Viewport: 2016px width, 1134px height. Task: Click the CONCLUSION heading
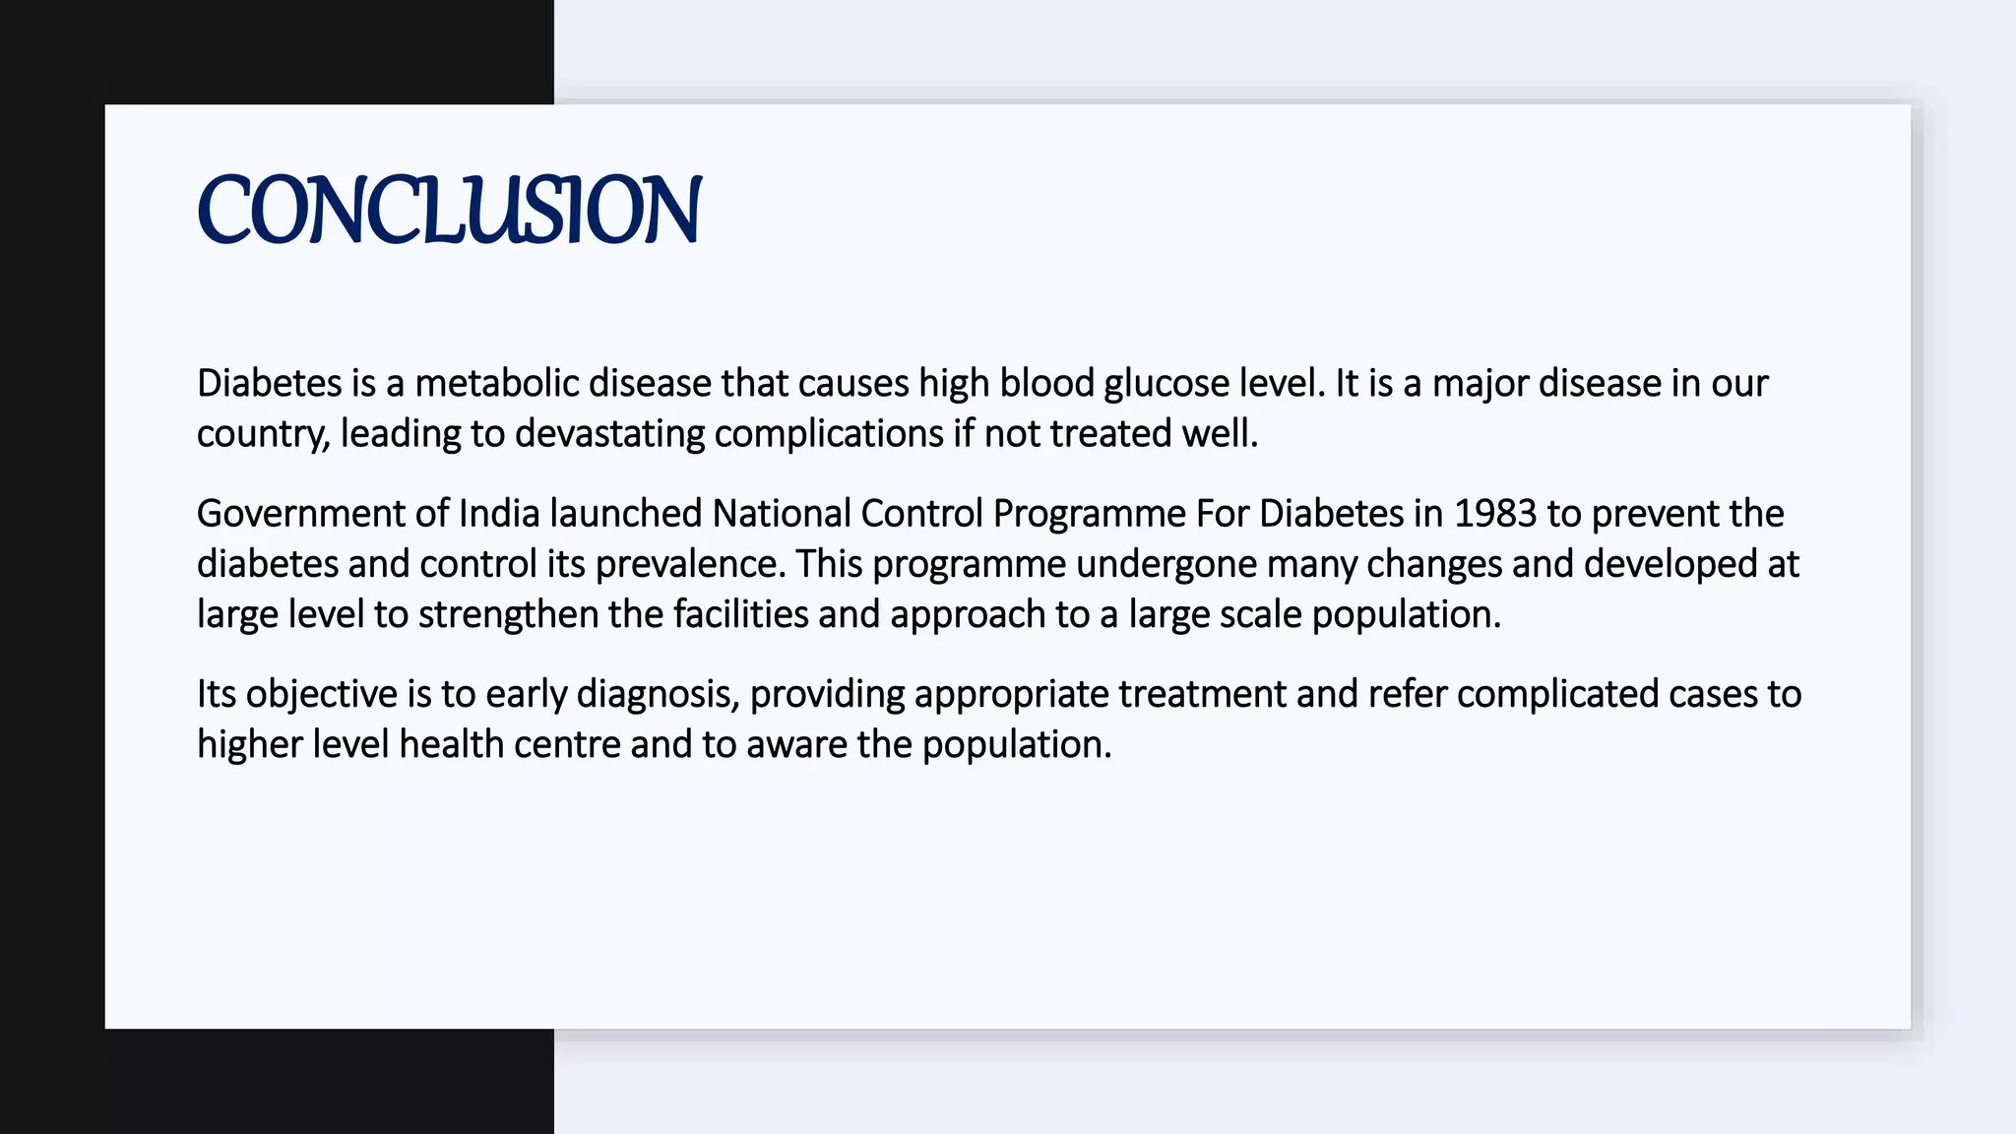(x=449, y=209)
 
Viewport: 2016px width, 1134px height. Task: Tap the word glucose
(x=1166, y=383)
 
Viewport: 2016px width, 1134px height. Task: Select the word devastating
(x=609, y=433)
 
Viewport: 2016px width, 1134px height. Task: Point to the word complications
(x=829, y=433)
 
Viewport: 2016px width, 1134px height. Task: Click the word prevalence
(x=690, y=564)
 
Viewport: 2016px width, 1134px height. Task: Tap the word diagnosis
(x=657, y=694)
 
